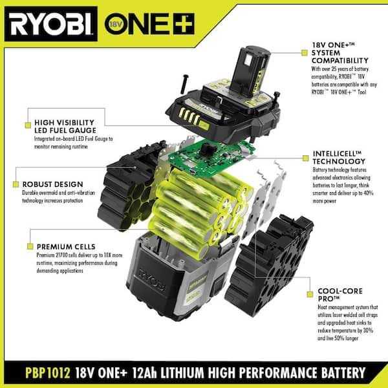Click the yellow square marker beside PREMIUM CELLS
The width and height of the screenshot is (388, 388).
coord(28,246)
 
